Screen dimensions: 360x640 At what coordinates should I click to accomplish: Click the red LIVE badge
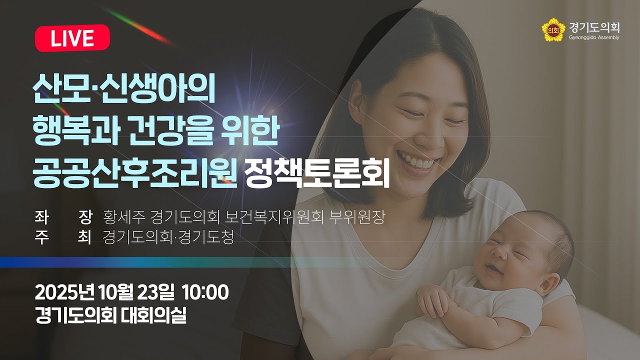pyautogui.click(x=72, y=38)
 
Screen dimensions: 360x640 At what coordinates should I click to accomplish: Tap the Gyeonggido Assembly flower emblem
pyautogui.click(x=552, y=29)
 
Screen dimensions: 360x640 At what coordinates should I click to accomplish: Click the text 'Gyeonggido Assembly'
pyautogui.click(x=594, y=37)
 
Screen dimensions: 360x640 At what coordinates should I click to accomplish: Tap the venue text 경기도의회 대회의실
pyautogui.click(x=110, y=315)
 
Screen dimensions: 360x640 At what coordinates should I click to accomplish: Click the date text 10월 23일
pyautogui.click(x=136, y=291)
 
